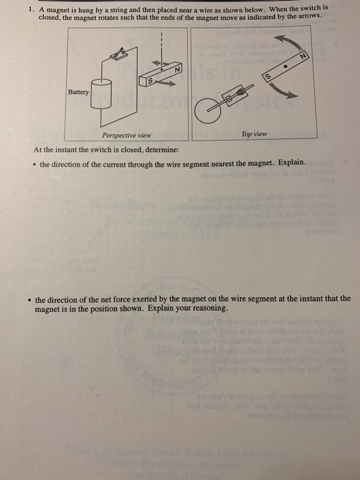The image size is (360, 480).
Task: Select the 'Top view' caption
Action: pyautogui.click(x=254, y=134)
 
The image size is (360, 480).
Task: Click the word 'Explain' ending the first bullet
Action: pyautogui.click(x=295, y=163)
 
